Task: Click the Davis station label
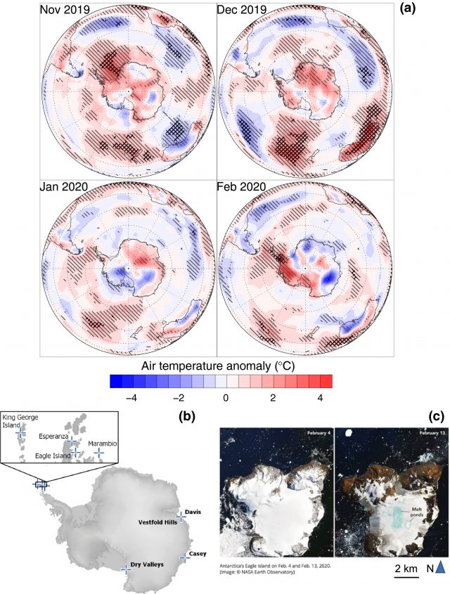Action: point(193,512)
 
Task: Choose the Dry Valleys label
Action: point(148,564)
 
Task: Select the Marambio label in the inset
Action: point(101,444)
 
